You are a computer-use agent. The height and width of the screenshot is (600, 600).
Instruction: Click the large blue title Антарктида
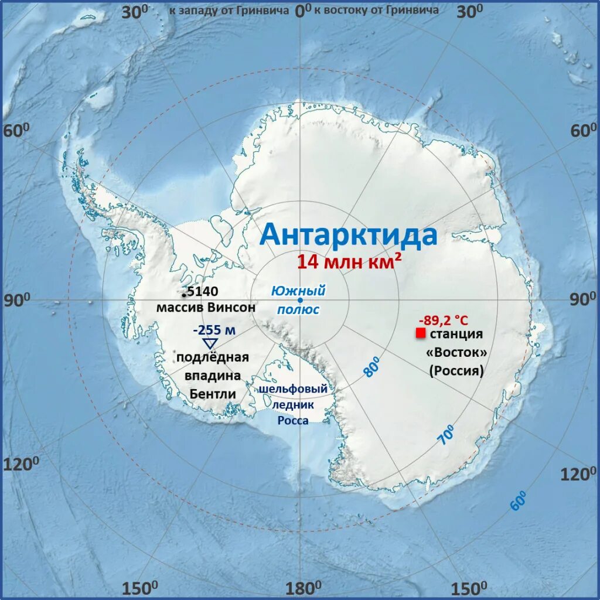click(348, 235)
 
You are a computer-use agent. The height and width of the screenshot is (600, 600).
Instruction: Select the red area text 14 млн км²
click(349, 261)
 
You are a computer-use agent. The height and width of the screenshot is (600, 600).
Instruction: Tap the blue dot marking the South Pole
click(300, 301)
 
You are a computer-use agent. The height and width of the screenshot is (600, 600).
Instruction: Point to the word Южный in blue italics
click(298, 291)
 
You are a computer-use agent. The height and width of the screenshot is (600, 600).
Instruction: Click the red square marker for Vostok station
click(420, 333)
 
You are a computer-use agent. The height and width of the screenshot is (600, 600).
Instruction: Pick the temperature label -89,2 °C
click(443, 320)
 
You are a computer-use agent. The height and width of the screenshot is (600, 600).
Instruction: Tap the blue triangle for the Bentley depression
click(210, 344)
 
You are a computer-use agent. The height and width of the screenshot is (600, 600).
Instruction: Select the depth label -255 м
click(214, 330)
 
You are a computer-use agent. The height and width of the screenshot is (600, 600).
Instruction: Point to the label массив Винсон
click(206, 306)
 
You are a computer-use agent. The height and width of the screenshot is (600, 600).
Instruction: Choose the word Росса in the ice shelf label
click(293, 420)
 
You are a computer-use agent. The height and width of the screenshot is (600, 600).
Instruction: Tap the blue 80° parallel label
click(372, 367)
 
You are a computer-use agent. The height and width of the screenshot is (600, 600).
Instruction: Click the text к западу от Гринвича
click(229, 10)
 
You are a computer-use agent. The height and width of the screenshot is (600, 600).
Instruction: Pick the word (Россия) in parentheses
click(456, 370)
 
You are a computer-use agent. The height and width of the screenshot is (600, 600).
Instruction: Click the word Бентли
click(213, 394)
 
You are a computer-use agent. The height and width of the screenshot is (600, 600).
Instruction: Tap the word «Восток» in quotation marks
click(456, 353)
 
